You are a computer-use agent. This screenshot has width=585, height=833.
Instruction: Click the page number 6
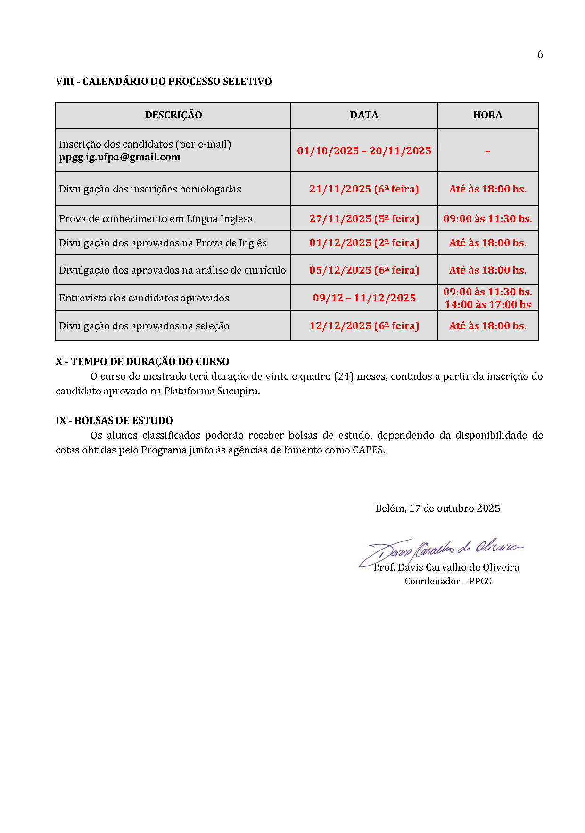coord(540,55)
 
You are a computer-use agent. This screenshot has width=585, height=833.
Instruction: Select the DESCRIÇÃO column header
coord(173,115)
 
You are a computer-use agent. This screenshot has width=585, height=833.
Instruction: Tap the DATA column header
coord(364,115)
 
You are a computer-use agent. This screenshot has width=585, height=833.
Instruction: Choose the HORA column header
coord(487,115)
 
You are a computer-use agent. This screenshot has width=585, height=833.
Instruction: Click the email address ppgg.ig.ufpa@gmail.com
coord(120,157)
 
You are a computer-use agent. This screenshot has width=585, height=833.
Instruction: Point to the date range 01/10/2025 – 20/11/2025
coord(364,151)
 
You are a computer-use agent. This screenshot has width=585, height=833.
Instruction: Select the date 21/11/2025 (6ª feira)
coord(364,189)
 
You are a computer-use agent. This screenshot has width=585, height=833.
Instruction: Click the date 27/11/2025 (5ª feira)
coord(364,219)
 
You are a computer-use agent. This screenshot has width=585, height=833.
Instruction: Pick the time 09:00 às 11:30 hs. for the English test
coord(487,219)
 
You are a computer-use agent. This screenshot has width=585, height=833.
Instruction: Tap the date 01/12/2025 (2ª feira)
coord(364,243)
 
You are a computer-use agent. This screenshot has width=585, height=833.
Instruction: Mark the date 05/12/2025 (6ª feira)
coord(364,270)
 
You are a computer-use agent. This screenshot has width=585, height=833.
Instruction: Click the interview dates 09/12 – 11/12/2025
coord(364,298)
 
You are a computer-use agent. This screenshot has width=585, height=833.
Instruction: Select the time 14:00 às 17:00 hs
coord(487,305)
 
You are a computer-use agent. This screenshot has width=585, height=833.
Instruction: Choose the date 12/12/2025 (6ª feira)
coord(364,326)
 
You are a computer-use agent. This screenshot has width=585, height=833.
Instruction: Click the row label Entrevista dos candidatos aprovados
coord(144,298)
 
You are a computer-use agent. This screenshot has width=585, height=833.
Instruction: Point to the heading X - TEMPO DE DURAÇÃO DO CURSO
coord(142,362)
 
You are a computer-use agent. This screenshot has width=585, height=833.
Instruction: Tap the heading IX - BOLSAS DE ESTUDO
coord(114,421)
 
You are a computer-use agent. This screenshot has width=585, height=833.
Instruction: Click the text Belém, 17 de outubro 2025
coord(437,508)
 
